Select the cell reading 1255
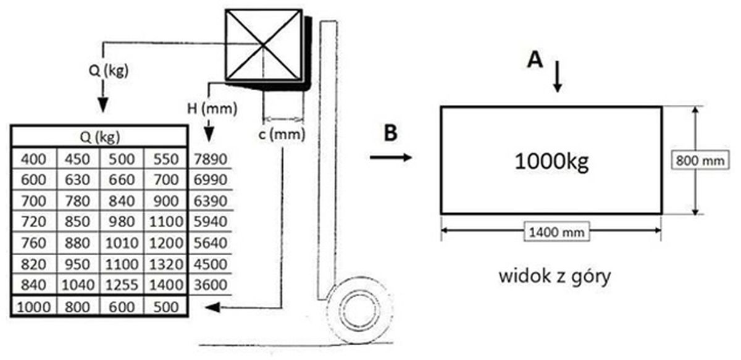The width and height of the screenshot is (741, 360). pyautogui.click(x=122, y=285)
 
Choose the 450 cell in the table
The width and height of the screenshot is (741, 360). pyautogui.click(x=78, y=159)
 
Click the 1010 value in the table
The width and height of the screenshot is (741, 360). pyautogui.click(x=122, y=243)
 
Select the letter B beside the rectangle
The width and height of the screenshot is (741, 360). pyautogui.click(x=390, y=133)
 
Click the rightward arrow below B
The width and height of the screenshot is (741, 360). pyautogui.click(x=391, y=158)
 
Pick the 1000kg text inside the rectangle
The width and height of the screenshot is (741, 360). pyautogui.click(x=551, y=162)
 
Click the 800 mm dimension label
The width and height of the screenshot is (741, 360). pyautogui.click(x=698, y=161)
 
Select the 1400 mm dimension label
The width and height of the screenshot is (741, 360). pyautogui.click(x=551, y=233)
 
